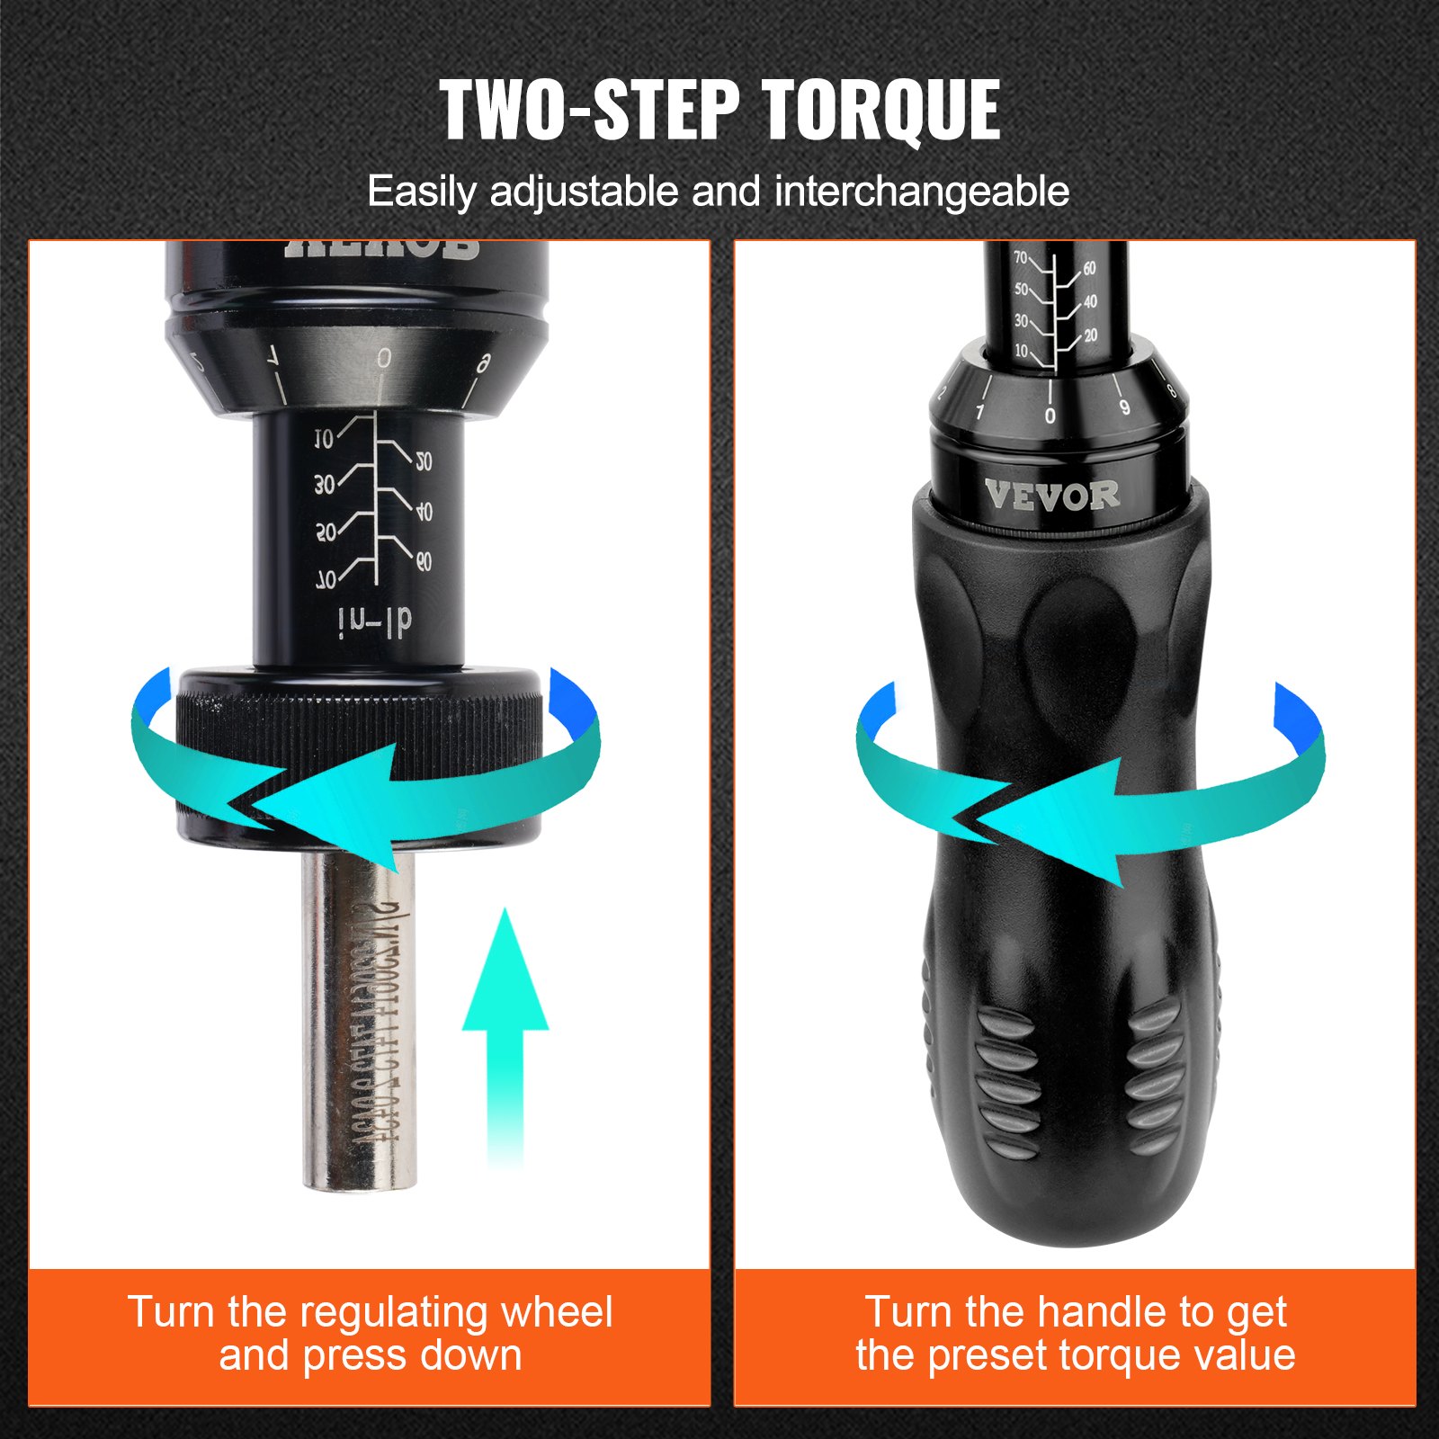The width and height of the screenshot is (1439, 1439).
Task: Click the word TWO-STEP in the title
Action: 589,111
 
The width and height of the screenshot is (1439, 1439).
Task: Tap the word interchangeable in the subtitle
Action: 922,192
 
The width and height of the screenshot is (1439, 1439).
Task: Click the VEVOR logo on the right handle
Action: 1051,495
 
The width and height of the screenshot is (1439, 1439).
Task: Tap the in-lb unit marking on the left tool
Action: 375,621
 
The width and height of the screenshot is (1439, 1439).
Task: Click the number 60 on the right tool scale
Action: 1089,269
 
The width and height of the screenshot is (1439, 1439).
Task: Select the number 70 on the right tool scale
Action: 1021,258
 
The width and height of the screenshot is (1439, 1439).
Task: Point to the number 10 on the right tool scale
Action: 1021,351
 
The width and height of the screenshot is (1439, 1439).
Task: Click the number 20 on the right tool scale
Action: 1090,335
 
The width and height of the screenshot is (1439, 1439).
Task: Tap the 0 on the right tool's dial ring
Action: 1050,416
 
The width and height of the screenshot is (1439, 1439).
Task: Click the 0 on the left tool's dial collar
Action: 384,359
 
